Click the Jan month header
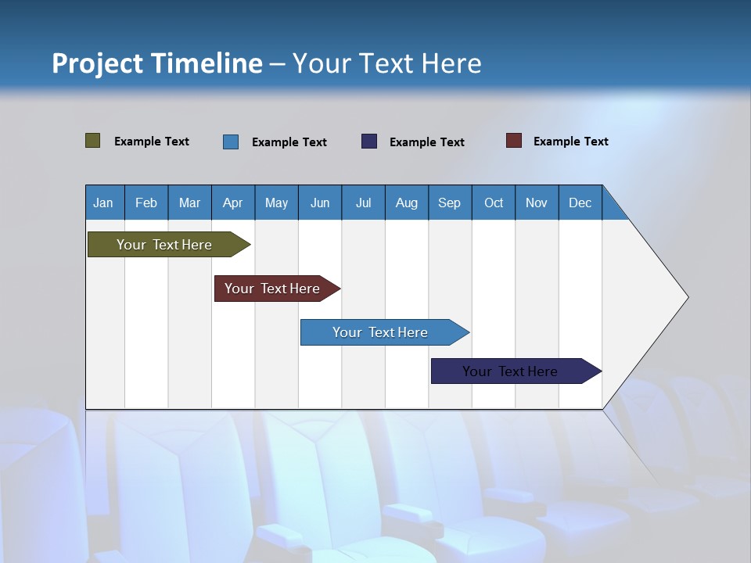104,203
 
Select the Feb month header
146,203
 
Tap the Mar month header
189,203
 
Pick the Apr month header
232,203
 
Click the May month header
276,203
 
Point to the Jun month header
320,203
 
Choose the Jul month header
363,203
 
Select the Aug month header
406,203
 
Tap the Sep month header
449,203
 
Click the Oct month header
494,203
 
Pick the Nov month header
537,203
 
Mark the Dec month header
580,203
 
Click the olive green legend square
93,141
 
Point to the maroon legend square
514,141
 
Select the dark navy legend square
369,142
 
